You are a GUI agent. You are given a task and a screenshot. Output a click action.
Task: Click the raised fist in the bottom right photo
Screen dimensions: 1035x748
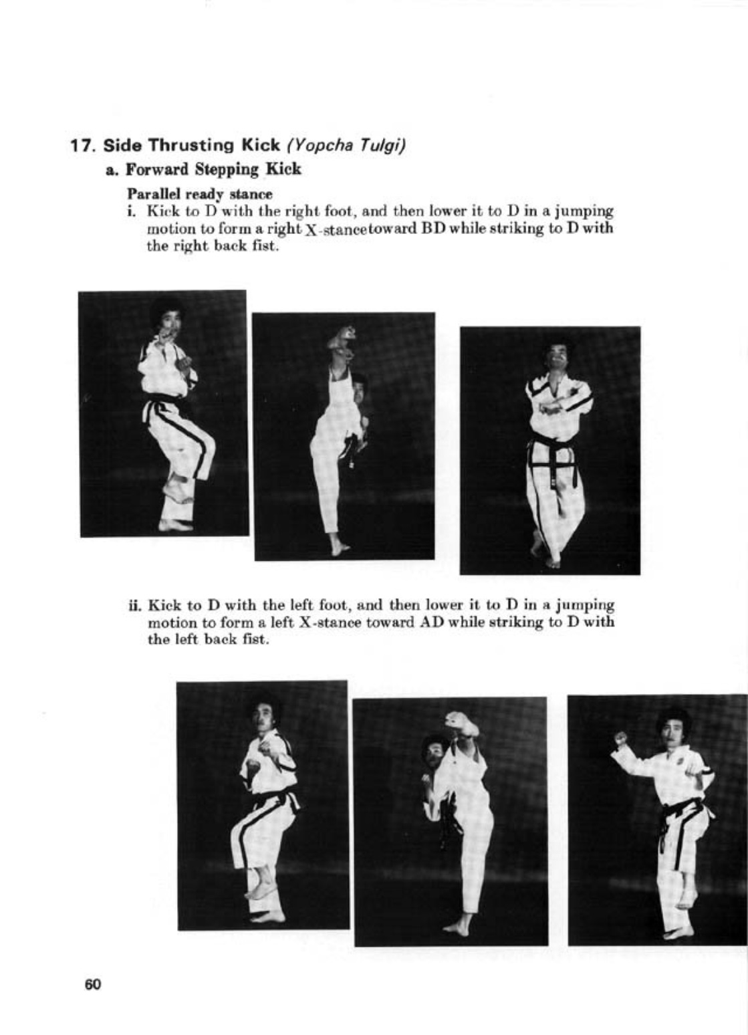point(621,739)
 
